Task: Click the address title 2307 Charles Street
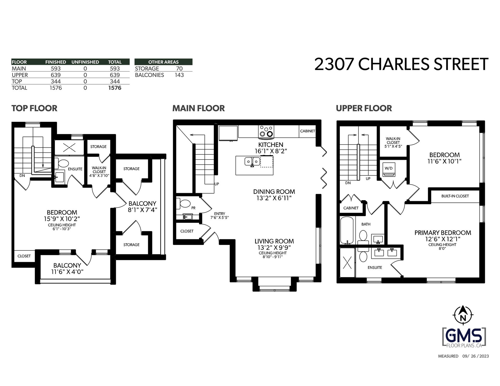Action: (401, 65)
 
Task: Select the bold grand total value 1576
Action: (115, 88)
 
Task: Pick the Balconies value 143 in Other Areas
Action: (179, 75)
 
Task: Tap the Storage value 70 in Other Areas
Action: (179, 68)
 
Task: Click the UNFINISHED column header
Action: (85, 62)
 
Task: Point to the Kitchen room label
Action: (271, 145)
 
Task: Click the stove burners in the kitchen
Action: (266, 131)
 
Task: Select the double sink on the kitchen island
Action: (252, 162)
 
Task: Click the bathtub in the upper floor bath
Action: (347, 231)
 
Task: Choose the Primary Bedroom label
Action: (443, 233)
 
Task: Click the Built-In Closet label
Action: (455, 196)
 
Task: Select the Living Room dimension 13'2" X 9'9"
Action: (273, 248)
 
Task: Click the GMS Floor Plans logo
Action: (464, 338)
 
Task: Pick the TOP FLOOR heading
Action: (34, 108)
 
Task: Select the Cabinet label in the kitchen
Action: (308, 131)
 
